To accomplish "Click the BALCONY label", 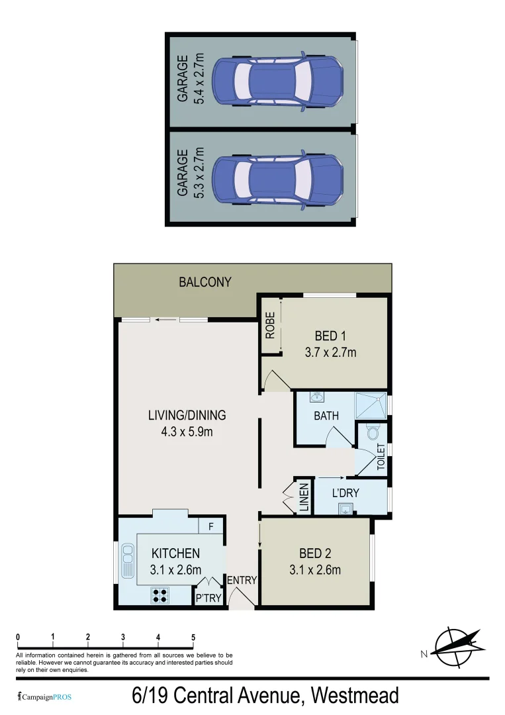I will click(x=205, y=282).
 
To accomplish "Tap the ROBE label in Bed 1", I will click(x=270, y=326).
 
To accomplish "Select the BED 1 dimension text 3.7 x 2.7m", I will click(x=330, y=353).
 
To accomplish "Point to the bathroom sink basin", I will click(x=317, y=398).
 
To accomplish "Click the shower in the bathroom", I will click(x=371, y=405).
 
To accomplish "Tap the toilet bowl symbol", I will click(x=372, y=434).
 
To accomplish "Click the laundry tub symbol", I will click(x=345, y=508).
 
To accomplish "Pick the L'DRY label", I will click(x=345, y=493).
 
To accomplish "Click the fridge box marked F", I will click(x=210, y=526).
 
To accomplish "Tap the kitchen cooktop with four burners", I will click(x=160, y=595).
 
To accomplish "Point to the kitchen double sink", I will click(x=126, y=563).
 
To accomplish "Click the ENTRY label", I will click(x=242, y=581).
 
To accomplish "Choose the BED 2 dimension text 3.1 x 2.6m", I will click(x=315, y=570).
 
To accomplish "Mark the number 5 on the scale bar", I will click(x=193, y=638).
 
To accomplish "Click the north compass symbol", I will click(x=455, y=647).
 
